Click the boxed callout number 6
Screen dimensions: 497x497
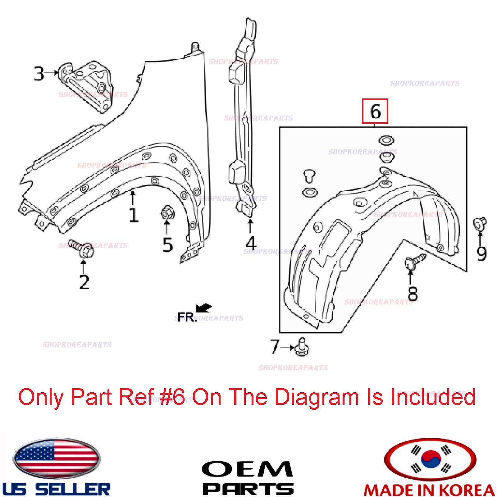tap(375, 111)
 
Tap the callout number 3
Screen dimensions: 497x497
tap(39, 74)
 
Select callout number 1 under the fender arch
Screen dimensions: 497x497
tap(133, 215)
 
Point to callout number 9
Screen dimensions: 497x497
tap(481, 253)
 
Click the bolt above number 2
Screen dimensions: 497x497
tap(82, 248)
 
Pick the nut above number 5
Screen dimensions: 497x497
tap(167, 213)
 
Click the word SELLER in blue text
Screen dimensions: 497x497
tap(73, 490)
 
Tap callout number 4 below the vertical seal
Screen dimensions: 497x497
tap(251, 243)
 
